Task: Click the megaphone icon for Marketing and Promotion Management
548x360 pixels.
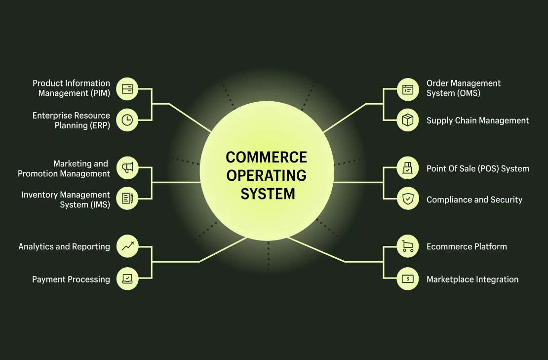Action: pos(127,168)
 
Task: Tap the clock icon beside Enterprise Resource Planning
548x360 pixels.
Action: pos(127,120)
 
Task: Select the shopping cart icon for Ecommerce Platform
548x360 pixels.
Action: pos(408,246)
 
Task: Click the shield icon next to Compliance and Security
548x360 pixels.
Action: pos(408,199)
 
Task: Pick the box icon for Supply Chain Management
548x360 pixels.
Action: pos(408,120)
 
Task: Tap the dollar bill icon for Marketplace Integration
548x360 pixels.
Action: pos(408,279)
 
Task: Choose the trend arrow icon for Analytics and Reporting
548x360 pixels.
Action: pos(127,246)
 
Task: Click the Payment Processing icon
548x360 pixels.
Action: pos(127,279)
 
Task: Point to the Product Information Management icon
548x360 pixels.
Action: pos(127,89)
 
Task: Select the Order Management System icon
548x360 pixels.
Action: pos(408,89)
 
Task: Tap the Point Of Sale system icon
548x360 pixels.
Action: pos(408,168)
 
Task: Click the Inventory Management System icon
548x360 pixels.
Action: pos(127,199)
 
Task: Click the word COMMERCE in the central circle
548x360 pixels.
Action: pos(266,158)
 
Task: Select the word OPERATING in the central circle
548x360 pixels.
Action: pos(267,175)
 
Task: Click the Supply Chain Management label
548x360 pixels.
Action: pos(477,120)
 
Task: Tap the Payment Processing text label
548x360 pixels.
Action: pos(71,280)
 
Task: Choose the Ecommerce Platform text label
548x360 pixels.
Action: pos(467,246)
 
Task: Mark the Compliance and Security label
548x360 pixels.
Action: pos(474,200)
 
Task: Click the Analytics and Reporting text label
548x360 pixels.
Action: pos(64,246)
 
